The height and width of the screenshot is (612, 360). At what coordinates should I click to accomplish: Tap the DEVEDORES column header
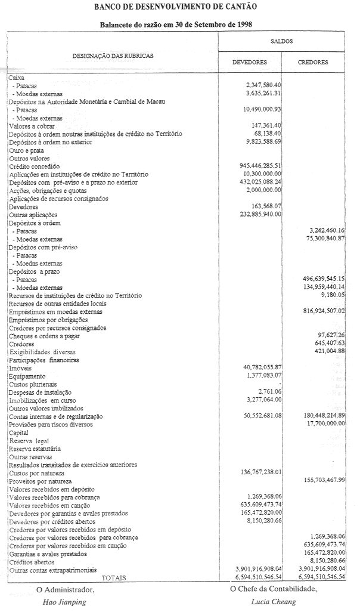pyautogui.click(x=249, y=62)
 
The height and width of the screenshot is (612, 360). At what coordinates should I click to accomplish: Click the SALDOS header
pyautogui.click(x=281, y=41)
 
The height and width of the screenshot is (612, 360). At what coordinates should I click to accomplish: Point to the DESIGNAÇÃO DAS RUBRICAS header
pyautogui.click(x=113, y=55)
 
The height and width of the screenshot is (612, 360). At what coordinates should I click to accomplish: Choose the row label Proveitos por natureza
pyautogui.click(x=40, y=481)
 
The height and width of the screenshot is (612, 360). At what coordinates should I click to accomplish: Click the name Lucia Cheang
pyautogui.click(x=274, y=602)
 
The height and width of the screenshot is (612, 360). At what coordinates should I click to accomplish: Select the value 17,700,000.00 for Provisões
pyautogui.click(x=325, y=423)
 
